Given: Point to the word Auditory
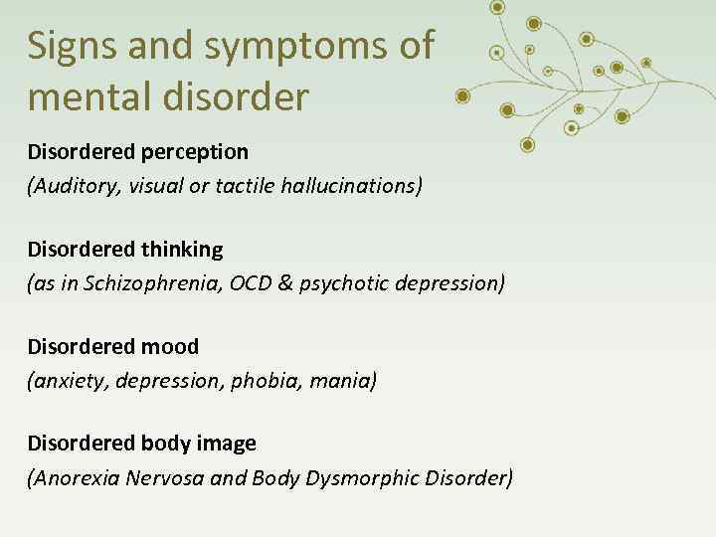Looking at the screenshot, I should tap(73, 185).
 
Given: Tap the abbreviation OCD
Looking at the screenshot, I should tap(250, 282).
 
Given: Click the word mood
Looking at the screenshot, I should tap(171, 347).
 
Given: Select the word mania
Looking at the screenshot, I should tap(338, 380).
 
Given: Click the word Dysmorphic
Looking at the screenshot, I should tap(360, 477).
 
